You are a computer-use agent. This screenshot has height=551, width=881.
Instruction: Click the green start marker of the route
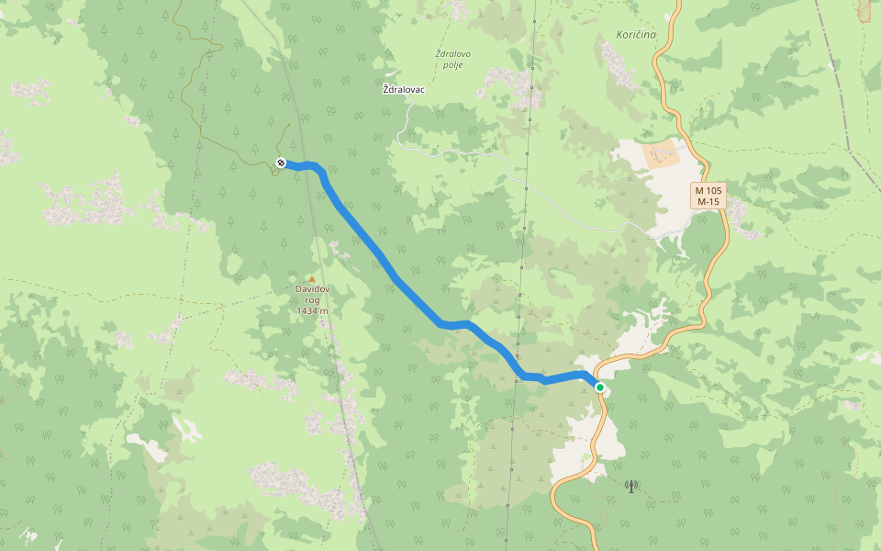(600, 388)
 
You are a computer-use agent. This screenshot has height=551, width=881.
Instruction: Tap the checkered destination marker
(281, 163)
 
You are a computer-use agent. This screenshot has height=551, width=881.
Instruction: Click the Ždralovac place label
(404, 90)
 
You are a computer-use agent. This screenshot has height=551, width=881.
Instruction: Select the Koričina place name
(630, 35)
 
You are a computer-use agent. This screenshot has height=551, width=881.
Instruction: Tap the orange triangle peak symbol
(312, 279)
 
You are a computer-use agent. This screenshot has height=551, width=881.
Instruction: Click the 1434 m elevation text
(312, 311)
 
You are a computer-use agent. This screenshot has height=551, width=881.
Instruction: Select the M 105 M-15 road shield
(708, 196)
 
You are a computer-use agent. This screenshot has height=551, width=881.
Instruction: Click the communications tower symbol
(631, 486)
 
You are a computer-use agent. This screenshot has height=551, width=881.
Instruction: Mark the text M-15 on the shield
(708, 201)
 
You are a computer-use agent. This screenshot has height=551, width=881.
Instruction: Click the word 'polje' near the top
(453, 65)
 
